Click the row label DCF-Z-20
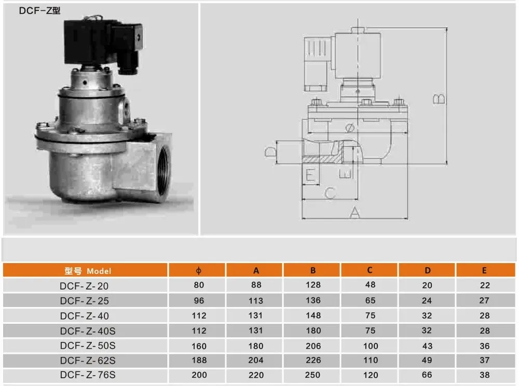pyautogui.click(x=84, y=285)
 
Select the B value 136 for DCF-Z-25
pyautogui.click(x=313, y=300)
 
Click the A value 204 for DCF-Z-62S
pyautogui.click(x=256, y=360)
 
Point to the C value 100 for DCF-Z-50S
pyautogui.click(x=370, y=346)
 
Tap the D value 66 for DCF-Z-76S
pyautogui.click(x=427, y=375)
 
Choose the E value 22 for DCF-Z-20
pyautogui.click(x=485, y=285)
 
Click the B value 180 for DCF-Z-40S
pyautogui.click(x=313, y=330)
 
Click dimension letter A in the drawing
pyautogui.click(x=354, y=212)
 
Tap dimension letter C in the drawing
pyautogui.click(x=330, y=192)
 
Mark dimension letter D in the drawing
pyautogui.click(x=270, y=151)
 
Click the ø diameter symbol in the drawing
pyautogui.click(x=349, y=127)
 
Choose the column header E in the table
pyautogui.click(x=485, y=270)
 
